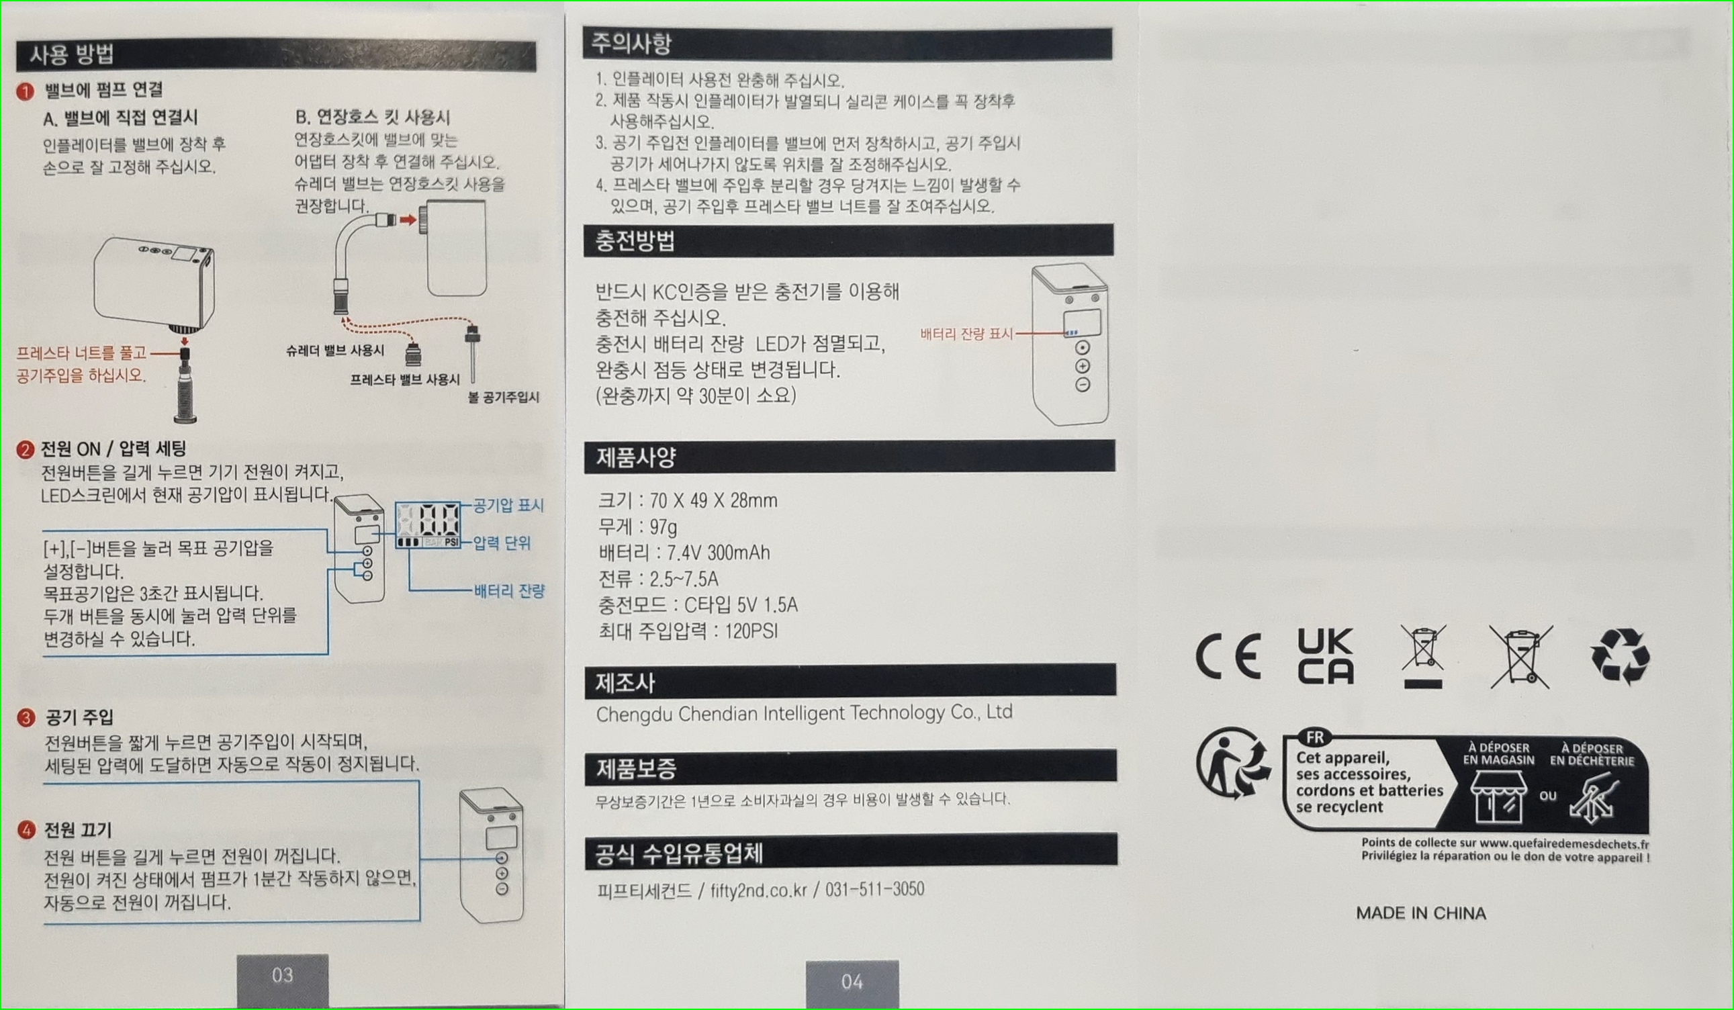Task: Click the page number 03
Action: (282, 975)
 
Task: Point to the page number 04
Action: (852, 982)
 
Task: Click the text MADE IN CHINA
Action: (1421, 913)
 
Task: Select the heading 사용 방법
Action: (72, 54)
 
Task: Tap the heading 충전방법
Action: (635, 241)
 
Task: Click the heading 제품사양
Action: (636, 457)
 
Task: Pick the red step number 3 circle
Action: (26, 718)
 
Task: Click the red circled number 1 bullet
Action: (26, 91)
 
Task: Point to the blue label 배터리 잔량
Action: (509, 590)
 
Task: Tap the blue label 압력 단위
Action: (502, 543)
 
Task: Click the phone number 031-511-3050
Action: (874, 890)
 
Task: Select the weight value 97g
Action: (664, 527)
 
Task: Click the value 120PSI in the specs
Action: (751, 631)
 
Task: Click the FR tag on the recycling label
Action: (1315, 737)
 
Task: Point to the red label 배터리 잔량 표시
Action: (966, 334)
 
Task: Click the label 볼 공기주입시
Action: (504, 397)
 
